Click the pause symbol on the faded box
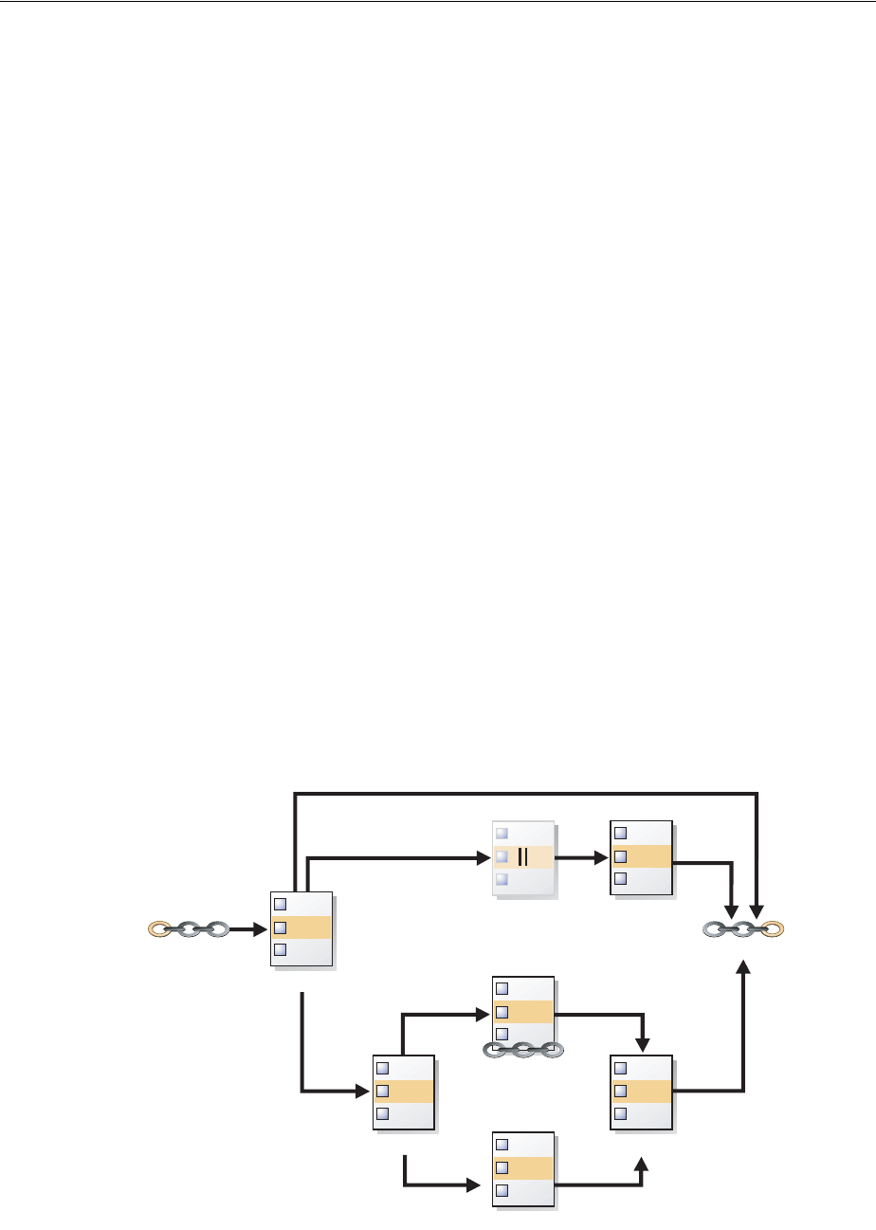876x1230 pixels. click(x=522, y=857)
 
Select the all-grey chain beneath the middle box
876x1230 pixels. click(x=523, y=1050)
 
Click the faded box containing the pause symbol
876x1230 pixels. click(x=523, y=857)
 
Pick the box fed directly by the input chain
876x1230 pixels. click(x=301, y=928)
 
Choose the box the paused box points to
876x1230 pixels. click(x=642, y=857)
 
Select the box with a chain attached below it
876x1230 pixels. click(x=523, y=1012)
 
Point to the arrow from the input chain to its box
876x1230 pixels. click(x=248, y=928)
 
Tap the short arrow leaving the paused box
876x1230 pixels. click(x=580, y=857)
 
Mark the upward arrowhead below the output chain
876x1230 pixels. click(x=743, y=967)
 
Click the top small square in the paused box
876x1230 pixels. click(x=502, y=834)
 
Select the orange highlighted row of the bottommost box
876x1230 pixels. click(x=523, y=1167)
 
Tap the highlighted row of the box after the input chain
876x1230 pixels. click(x=301, y=927)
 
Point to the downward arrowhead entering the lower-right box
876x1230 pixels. click(x=643, y=1044)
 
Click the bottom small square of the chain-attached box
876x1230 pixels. click(x=502, y=1034)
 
